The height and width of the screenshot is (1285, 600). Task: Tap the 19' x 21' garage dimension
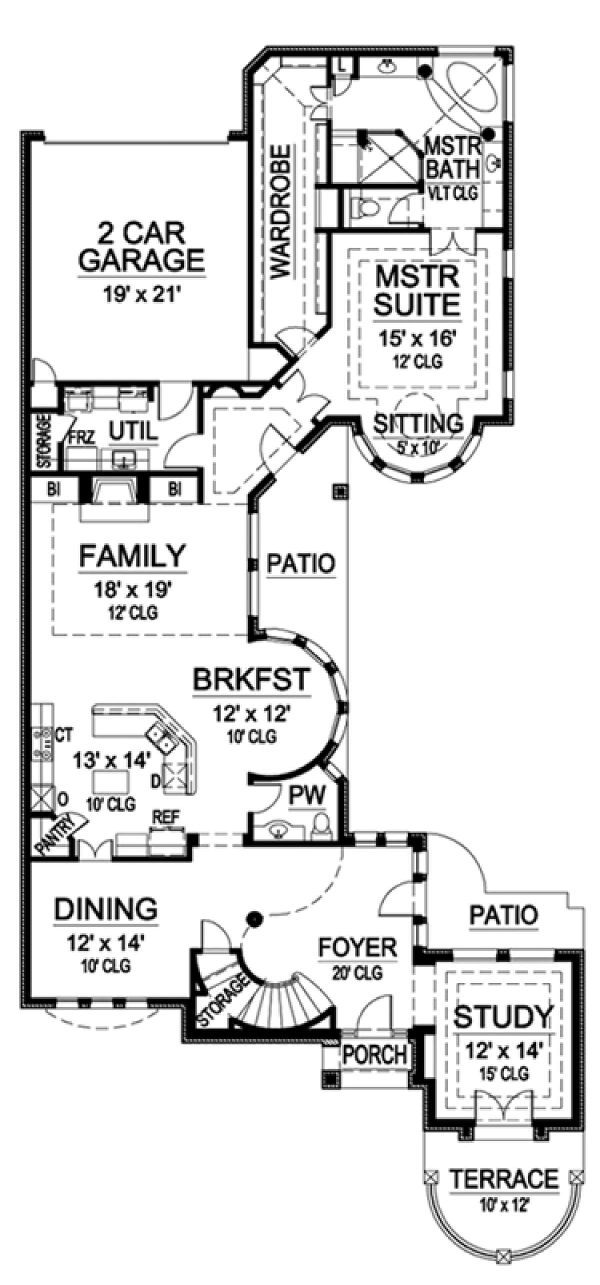pyautogui.click(x=141, y=295)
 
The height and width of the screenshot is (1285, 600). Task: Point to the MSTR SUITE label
pyautogui.click(x=417, y=291)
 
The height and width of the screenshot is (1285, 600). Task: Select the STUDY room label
pyautogui.click(x=503, y=1002)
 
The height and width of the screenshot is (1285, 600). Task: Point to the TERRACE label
pyautogui.click(x=504, y=1164)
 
